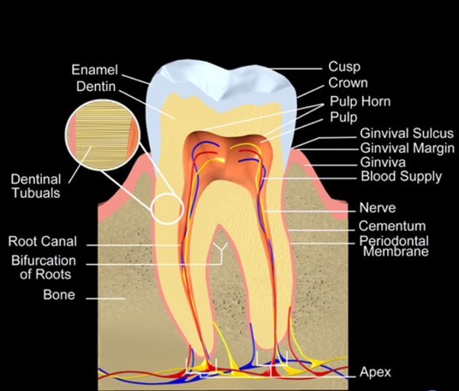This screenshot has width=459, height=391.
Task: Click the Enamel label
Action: pos(94,69)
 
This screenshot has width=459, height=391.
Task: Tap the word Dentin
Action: pos(96,87)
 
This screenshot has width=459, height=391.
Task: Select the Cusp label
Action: pos(344,67)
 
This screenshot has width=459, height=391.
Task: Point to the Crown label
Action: pos(348,83)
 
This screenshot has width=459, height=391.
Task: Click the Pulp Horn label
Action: pos(361,102)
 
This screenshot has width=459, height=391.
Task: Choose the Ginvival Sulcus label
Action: pos(407,134)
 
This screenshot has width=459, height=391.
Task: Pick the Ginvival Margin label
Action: pos(408,148)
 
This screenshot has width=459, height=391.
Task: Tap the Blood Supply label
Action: pos(402,177)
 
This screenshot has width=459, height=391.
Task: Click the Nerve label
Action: pos(378,208)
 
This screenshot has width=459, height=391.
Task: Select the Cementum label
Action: pos(392,226)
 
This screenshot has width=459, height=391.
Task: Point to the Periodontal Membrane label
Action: pos(394,246)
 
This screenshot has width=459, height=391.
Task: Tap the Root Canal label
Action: pos(43,241)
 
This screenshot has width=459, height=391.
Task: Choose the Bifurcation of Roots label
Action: pos(44,268)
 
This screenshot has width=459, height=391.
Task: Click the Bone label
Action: pos(59,295)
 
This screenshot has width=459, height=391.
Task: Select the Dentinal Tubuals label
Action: pos(36,186)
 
